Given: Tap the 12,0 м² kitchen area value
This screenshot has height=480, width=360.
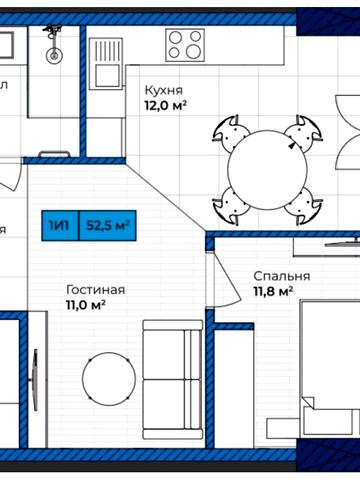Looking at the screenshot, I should (x=166, y=104).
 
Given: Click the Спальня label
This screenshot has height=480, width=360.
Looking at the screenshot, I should (x=281, y=275).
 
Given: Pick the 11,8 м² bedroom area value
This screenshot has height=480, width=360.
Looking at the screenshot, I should (x=272, y=291).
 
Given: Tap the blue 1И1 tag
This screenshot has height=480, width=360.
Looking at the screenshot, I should (x=61, y=226).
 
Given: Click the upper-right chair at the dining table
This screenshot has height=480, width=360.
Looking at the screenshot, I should (x=299, y=131).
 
